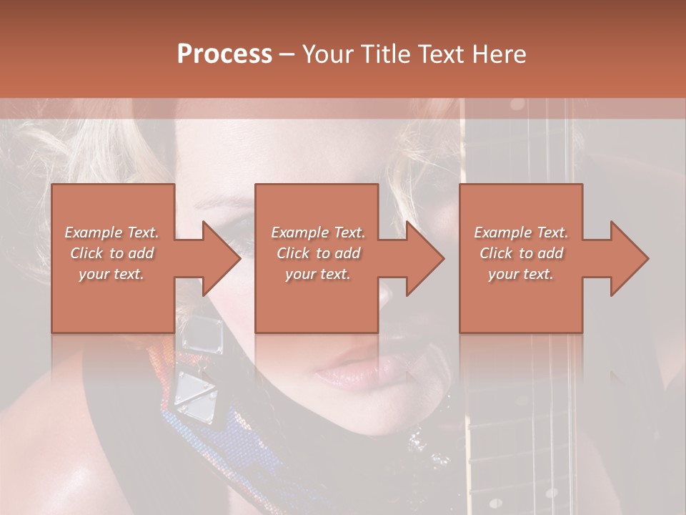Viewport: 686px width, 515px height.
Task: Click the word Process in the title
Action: click(x=224, y=54)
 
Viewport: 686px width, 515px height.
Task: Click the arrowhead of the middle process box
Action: click(x=424, y=258)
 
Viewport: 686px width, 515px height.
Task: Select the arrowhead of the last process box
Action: click(x=629, y=258)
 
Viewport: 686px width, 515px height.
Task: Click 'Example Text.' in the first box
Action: click(x=111, y=232)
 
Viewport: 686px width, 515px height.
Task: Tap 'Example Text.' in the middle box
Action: click(x=318, y=232)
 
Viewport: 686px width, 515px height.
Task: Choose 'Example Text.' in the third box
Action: click(x=521, y=232)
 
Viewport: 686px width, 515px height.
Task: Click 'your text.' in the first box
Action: click(x=111, y=274)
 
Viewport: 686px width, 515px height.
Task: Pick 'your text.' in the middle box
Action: click(x=318, y=274)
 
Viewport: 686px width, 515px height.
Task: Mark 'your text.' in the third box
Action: click(x=521, y=274)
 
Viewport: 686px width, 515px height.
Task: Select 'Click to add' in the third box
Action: click(x=521, y=253)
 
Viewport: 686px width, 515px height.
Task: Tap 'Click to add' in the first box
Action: click(x=111, y=253)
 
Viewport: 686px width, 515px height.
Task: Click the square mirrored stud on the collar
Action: click(x=203, y=335)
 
